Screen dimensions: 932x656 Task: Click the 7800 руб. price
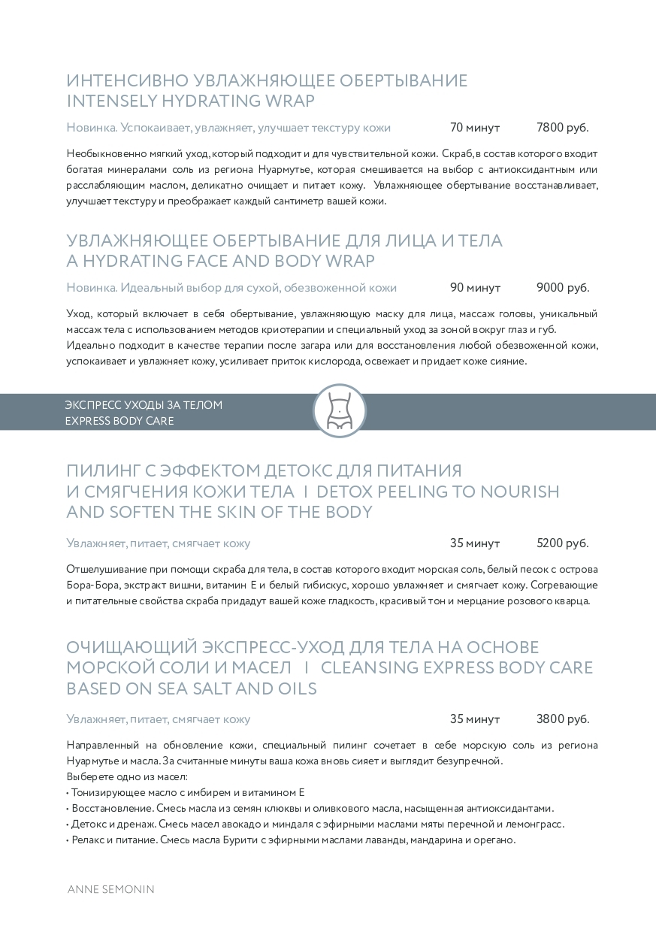click(562, 128)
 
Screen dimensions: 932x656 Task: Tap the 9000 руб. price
click(563, 288)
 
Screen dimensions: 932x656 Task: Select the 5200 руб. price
click(562, 543)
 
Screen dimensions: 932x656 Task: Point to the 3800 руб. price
click(562, 719)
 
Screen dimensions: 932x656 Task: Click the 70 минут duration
click(474, 128)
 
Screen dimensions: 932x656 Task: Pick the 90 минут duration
click(475, 288)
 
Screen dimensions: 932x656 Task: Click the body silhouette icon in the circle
click(339, 410)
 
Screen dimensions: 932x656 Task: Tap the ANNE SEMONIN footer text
click(110, 889)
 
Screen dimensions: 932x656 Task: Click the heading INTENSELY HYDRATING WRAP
click(190, 101)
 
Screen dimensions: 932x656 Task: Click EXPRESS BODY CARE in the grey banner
click(119, 421)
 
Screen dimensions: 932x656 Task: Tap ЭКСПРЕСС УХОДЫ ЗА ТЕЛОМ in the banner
click(144, 405)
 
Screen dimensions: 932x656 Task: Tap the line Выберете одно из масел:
click(126, 776)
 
